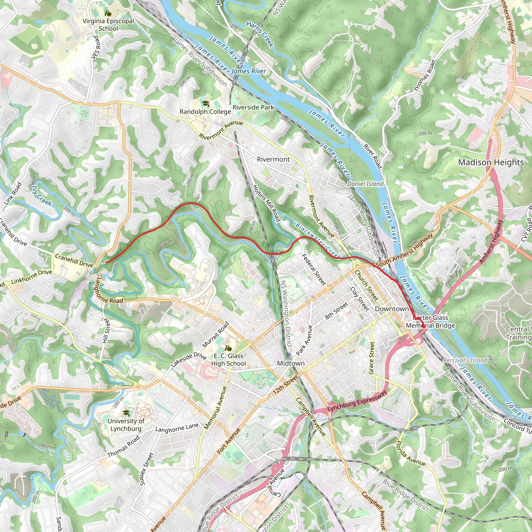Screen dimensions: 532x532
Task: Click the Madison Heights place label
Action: (491, 162)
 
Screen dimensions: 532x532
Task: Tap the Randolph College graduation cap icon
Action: (205, 104)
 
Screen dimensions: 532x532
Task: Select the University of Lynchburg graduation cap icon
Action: (126, 413)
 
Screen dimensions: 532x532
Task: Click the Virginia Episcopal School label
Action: (108, 25)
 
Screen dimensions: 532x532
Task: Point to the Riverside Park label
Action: (253, 107)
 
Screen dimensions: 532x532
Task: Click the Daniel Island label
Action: (365, 184)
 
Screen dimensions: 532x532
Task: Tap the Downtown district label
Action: (391, 309)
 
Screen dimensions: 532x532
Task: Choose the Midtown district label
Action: (291, 363)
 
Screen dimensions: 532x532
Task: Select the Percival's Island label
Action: (465, 361)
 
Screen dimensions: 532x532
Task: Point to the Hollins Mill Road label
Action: (266, 203)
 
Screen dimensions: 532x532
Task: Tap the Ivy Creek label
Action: (42, 198)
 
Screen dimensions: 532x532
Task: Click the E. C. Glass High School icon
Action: (228, 348)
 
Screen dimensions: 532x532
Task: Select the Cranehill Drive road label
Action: (74, 261)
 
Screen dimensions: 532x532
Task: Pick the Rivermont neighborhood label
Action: (273, 159)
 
